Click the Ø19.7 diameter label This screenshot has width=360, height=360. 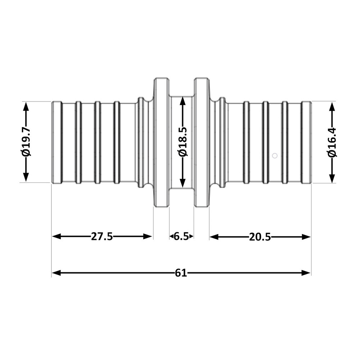(x=26, y=142)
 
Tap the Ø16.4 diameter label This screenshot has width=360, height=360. (x=332, y=143)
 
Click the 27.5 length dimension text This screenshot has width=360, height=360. (x=102, y=237)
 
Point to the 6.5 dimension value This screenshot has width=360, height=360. (x=181, y=237)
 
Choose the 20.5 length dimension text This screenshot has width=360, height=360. (x=260, y=237)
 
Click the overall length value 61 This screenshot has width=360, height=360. (x=181, y=273)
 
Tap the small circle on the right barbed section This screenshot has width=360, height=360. (x=275, y=156)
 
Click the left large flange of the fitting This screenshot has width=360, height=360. (x=161, y=142)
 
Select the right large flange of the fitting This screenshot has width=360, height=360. (x=202, y=142)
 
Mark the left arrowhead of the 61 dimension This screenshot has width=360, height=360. (x=56, y=273)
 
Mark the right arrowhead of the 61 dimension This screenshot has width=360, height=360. (x=306, y=273)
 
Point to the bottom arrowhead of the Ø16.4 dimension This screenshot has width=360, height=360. (x=332, y=178)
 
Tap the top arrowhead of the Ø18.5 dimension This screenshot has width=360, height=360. (x=183, y=101)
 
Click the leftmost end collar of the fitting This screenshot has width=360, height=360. (x=57, y=142)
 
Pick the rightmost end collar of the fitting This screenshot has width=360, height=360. (x=306, y=142)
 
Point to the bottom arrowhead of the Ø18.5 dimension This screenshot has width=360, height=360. (x=183, y=183)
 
